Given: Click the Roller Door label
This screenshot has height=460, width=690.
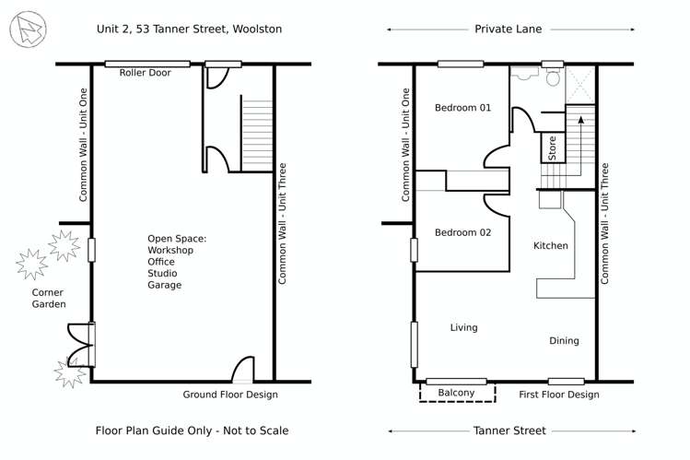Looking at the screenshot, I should coord(147,73).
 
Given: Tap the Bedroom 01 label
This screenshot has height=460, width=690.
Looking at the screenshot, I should coord(462,108).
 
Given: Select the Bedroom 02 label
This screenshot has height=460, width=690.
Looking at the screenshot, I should coord(462,232).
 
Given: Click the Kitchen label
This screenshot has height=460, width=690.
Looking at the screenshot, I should coord(551,246).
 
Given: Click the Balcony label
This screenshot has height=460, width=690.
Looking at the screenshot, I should coord(456,394).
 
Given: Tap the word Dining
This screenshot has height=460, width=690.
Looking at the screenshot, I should coord(564,341).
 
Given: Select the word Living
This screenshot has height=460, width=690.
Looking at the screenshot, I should coord(463,327).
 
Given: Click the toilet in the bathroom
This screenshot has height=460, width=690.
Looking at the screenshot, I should coord(553,78).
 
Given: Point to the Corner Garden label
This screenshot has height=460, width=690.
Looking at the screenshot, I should coord(48,298).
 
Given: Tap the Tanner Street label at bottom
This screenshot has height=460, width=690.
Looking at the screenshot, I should coord(510,431).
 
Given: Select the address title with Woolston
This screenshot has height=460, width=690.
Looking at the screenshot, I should coord(189,29).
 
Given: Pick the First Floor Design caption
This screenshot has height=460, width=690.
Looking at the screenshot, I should coord(558,395).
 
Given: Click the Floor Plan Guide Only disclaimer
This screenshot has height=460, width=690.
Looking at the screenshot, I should coord(192,431).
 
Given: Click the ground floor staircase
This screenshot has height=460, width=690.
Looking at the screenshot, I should coord(257,134).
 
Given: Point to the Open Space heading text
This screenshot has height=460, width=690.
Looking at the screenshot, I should coord(177,239).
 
